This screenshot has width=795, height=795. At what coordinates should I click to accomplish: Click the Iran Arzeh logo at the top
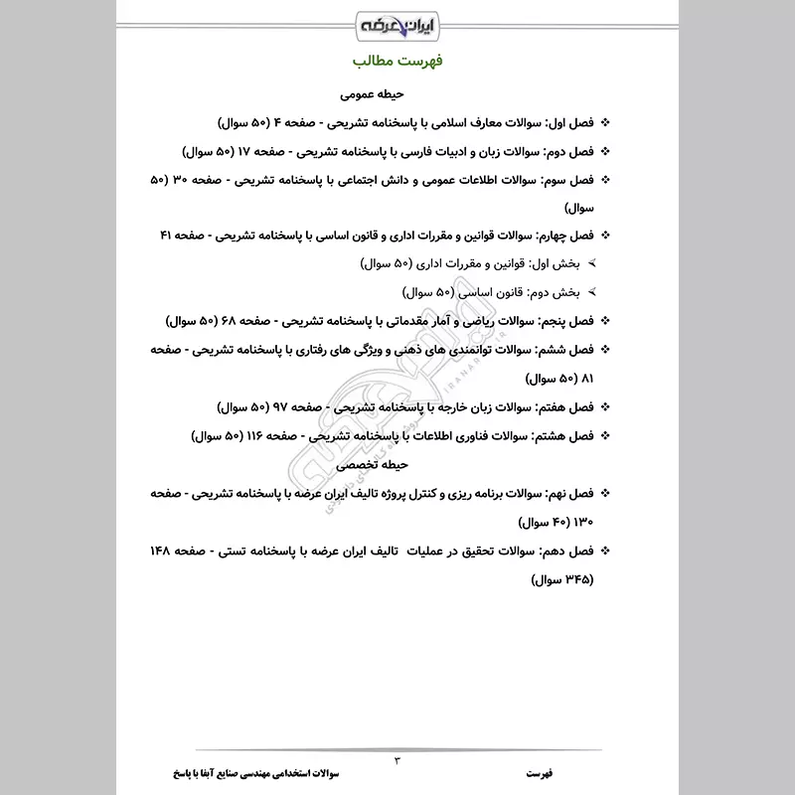click(x=397, y=22)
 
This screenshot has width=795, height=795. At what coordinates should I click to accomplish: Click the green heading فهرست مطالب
click(x=397, y=62)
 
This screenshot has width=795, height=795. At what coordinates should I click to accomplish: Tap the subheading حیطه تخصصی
click(x=397, y=464)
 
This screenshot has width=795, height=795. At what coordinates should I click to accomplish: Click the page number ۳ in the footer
click(x=397, y=760)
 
